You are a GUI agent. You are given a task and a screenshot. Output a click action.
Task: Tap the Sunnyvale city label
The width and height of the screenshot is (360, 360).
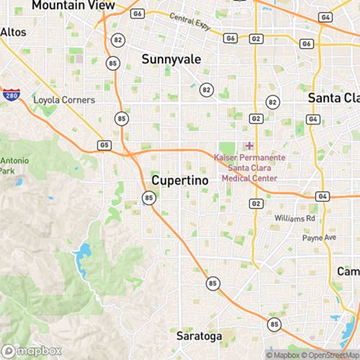tap(171, 59)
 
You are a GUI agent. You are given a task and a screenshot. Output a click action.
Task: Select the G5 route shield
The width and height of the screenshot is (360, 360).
tap(106, 145)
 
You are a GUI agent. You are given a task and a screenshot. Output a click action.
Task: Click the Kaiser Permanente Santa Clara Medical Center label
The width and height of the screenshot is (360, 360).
tap(249, 167)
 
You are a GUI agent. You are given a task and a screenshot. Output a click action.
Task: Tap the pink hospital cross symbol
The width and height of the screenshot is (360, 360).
tap(249, 145)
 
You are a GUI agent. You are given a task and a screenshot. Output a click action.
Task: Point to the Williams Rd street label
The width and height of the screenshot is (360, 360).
tap(295, 217)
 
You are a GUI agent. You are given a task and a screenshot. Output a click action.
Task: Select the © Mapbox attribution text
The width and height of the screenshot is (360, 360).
tap(285, 354)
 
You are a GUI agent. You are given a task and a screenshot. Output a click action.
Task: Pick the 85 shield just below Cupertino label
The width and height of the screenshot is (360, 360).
tap(149, 198)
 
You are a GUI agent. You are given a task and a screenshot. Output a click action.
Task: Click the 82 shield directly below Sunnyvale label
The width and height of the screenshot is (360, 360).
tap(207, 90)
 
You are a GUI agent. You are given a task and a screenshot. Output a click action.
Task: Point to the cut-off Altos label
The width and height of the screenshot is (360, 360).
tap(12, 32)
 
